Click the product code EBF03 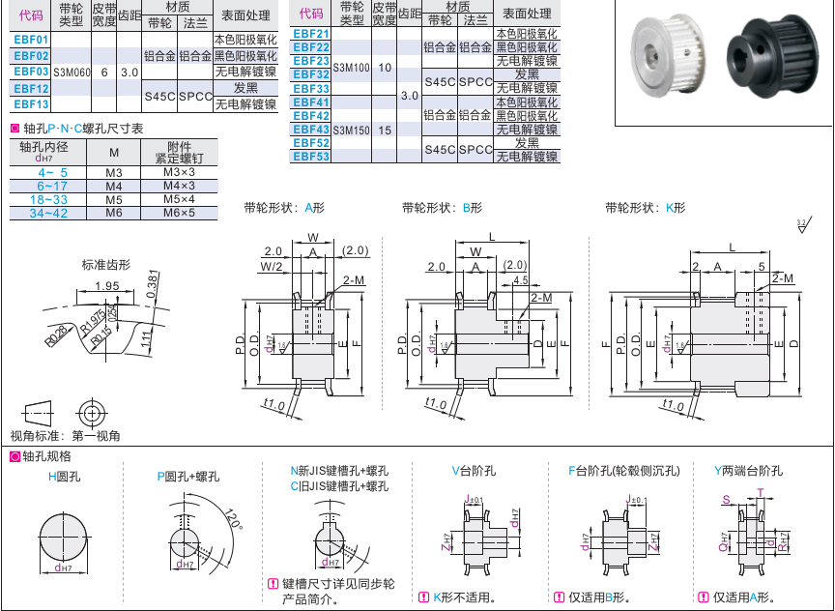coord(31,72)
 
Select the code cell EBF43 coord(311,129)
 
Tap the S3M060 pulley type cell coord(72,73)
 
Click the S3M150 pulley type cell coord(351,129)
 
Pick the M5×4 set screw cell coord(179,199)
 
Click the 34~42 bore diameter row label coord(48,213)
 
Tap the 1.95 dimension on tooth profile coord(108,285)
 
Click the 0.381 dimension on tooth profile coord(153,282)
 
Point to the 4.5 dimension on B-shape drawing coord(521,280)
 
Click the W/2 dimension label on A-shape coord(273,266)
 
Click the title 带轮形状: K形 coord(645,208)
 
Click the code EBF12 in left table coord(31,88)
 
